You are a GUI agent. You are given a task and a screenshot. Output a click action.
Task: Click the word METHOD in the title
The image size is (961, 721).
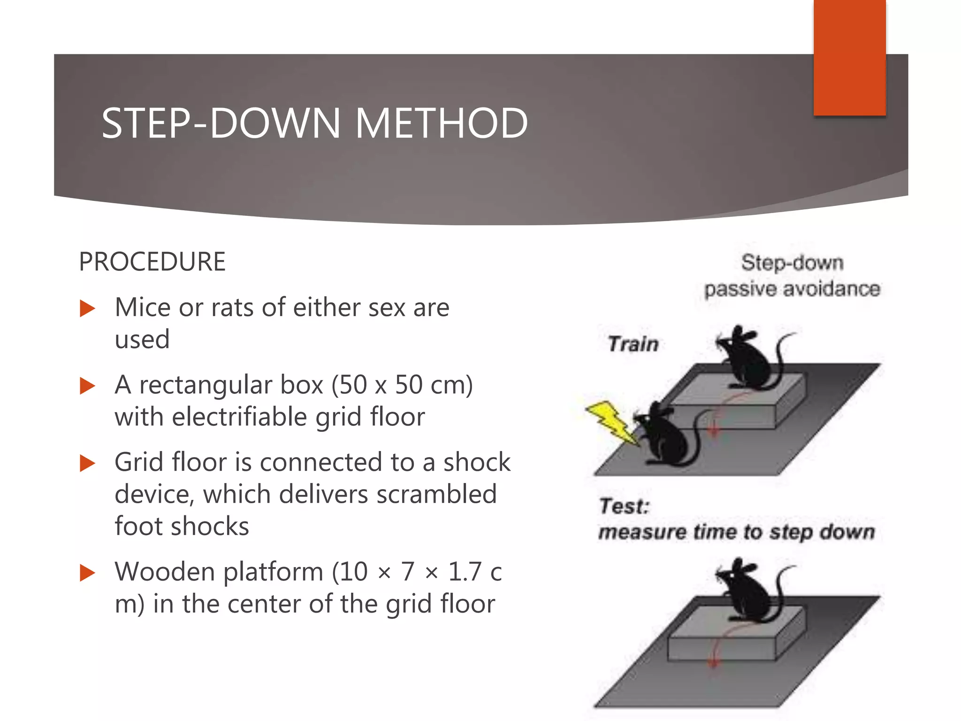coord(441,123)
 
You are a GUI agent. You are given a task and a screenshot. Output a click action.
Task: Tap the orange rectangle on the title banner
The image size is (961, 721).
coord(849,57)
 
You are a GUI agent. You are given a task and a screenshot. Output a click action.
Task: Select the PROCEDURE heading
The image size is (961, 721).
coord(152,261)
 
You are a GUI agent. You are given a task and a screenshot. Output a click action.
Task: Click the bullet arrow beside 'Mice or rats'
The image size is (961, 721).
coord(87,308)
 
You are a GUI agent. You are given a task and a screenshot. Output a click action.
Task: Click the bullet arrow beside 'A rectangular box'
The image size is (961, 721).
coord(87,386)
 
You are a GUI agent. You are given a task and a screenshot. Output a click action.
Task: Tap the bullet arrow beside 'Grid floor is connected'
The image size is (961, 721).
coord(87,463)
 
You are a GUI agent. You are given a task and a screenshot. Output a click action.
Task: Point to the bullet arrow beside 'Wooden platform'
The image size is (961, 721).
coord(87,573)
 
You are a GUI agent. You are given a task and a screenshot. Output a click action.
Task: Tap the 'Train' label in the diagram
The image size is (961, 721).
coord(633,344)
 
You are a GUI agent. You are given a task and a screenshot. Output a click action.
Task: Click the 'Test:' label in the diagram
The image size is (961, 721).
coord(624,506)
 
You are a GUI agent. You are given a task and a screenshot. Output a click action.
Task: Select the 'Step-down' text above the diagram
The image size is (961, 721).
coord(792,262)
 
